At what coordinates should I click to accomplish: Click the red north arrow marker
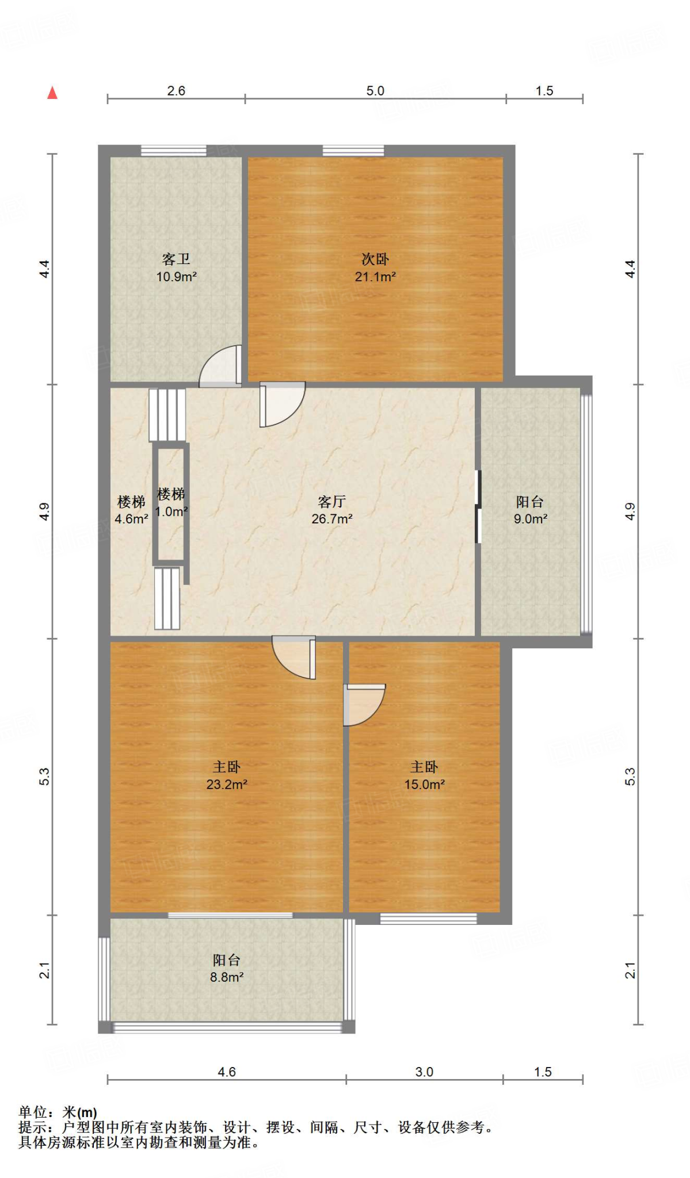52,93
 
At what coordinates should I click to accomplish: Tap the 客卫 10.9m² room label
176,268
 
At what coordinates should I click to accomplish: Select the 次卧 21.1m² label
375,268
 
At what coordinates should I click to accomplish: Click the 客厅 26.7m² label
331,510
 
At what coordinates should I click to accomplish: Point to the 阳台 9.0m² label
530,510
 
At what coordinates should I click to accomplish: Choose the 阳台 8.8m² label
226,968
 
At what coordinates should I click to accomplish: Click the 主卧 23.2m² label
227,775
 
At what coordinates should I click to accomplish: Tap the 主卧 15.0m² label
424,775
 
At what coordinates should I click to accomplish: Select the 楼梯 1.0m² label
171,503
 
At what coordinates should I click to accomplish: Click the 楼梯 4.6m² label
131,510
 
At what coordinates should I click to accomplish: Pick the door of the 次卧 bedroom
282,404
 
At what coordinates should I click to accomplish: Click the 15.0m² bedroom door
364,705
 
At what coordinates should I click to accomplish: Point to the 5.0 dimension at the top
375,91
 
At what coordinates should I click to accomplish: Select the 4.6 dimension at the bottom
227,1072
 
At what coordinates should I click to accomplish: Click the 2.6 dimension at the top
176,91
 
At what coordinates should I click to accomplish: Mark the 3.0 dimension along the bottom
424,1072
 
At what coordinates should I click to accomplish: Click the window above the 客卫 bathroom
174,151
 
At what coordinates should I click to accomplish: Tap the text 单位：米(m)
58,1112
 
